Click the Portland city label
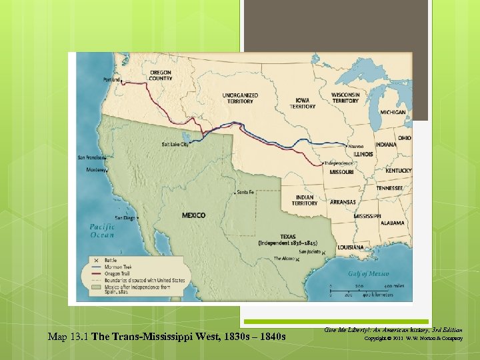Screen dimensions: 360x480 coord(112,80)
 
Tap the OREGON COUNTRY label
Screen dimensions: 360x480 coord(161,75)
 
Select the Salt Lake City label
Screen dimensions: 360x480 coord(175,144)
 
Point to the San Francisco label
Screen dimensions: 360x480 coord(92,158)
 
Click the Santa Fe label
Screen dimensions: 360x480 coord(245,192)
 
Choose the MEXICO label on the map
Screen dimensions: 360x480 coord(193,215)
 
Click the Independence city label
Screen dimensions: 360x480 coord(339,163)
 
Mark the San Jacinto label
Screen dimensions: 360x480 coord(309,252)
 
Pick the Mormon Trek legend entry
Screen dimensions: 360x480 coord(116,266)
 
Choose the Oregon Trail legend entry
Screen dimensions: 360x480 coord(116,273)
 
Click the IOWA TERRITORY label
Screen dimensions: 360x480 coord(303,103)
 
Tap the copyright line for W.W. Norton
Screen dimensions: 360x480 coord(413,339)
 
